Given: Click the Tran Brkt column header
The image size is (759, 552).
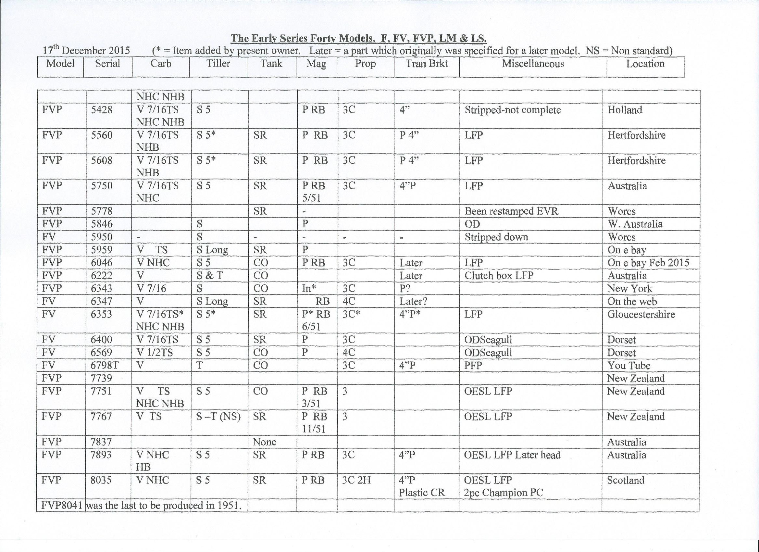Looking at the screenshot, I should pos(426,64).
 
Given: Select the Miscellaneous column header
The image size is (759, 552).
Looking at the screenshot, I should pos(532,64).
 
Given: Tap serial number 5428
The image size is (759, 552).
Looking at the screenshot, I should pos(102,110).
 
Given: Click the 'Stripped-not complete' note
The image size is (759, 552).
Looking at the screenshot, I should pos(512,110).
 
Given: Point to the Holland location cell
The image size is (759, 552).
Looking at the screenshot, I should pos(625,110).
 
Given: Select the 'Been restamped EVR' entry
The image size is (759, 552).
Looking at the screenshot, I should pos(511,211).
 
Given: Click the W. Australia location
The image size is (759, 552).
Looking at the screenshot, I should pos(635,224).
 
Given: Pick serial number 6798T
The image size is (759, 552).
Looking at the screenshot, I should pos(105,365).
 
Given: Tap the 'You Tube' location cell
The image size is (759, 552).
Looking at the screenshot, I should pos(628,365).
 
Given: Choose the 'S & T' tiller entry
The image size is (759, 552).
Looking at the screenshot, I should pos(209,275).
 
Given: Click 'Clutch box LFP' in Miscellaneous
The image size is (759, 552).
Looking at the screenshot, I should pos(498,275).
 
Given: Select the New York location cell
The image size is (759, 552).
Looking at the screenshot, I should pos(629,288).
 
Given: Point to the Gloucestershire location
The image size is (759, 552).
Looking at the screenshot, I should pos(641,314).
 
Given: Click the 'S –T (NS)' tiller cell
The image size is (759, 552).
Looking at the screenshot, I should pos(218,416).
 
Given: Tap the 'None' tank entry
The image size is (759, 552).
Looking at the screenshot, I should pos(264,442).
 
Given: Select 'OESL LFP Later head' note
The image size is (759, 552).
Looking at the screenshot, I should pos(512,455).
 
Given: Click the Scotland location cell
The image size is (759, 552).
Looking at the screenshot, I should pos(625,480).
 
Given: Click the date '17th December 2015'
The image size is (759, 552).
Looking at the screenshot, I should pos(86,50).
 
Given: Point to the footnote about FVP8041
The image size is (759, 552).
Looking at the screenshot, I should pos(141,506).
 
